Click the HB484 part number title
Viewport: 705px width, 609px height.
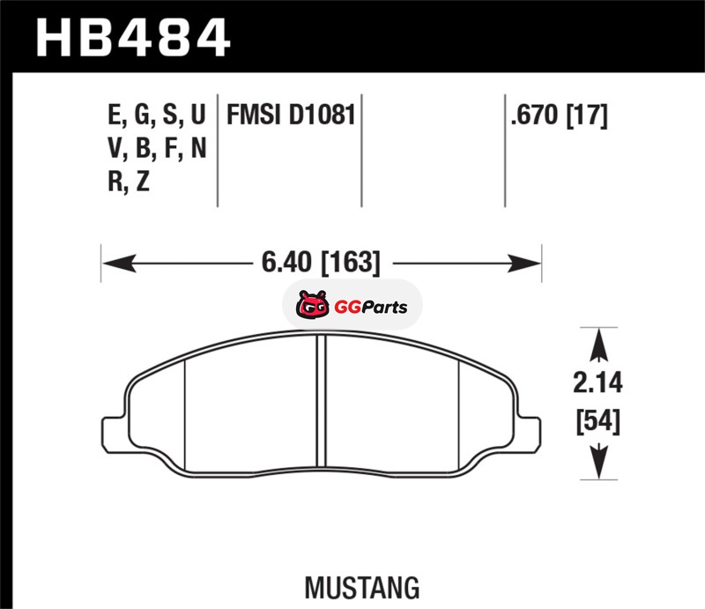click(133, 37)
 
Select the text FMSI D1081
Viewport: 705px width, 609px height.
click(291, 115)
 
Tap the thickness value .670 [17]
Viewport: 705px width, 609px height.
click(559, 115)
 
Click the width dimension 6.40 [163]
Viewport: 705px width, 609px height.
click(321, 263)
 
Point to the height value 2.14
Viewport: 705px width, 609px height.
click(597, 383)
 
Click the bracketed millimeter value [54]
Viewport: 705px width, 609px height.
click(598, 421)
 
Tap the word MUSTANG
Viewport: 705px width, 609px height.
click(362, 588)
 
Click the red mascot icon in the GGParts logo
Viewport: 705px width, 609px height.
click(312, 306)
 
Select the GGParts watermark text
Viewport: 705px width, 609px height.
click(371, 308)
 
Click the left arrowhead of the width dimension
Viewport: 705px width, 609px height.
click(119, 263)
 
